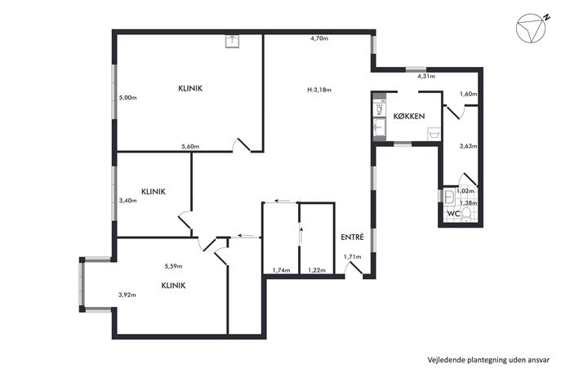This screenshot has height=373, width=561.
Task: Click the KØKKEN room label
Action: [409, 116]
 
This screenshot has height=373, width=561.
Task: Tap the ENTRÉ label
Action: [353, 237]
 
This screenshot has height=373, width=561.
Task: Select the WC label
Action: [454, 214]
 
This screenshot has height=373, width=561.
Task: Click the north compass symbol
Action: [532, 29]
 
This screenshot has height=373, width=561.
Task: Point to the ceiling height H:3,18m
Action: [319, 90]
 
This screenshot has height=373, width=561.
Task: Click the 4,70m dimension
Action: [319, 38]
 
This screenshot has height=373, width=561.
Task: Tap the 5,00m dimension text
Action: [127, 98]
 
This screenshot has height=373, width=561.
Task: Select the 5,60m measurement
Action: [190, 146]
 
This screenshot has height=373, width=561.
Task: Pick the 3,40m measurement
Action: [127, 201]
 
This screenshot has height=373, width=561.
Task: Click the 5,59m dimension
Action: [173, 266]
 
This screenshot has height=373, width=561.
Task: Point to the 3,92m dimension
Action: [127, 295]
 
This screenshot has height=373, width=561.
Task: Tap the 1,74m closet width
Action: [281, 270]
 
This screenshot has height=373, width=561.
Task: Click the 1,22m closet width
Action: [317, 270]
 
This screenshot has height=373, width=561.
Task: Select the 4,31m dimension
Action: [426, 76]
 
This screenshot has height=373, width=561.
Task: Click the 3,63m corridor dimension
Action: [469, 146]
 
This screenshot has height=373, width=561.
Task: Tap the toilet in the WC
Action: [465, 215]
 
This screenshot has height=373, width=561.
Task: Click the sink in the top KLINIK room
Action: [233, 41]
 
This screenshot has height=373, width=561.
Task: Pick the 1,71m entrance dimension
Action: [353, 257]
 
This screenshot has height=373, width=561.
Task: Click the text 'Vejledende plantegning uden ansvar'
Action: [488, 360]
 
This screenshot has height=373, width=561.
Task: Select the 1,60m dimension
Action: [469, 94]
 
